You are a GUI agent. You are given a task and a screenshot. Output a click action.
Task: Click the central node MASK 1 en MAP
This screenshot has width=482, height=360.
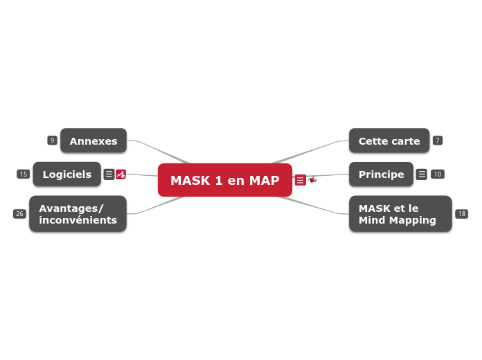coord(224,181)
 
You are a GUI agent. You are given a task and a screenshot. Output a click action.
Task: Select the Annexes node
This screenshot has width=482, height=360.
coord(93,141)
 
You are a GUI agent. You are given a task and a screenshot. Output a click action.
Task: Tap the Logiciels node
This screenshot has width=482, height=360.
coord(66,174)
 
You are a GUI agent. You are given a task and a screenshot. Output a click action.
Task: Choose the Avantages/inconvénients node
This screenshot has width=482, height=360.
coord(78,214)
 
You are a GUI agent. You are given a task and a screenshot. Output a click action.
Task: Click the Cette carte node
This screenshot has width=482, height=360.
coord(389,141)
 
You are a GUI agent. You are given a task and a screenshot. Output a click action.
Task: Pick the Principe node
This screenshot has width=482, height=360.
coord(381,174)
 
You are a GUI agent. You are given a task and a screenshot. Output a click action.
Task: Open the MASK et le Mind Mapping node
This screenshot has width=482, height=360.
coord(400,214)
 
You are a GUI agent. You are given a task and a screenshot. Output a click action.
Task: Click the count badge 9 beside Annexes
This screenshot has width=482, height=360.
coord(52,141)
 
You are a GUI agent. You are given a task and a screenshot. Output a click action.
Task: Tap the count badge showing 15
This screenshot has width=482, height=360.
coord(23,174)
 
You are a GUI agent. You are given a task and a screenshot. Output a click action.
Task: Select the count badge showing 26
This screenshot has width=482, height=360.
coord(19,214)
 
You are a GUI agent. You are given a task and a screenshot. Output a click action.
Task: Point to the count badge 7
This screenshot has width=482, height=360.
coord(438,141)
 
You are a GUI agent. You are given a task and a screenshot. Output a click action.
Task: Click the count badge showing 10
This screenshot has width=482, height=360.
coord(438,174)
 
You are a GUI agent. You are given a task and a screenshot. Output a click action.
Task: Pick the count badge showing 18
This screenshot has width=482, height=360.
coord(462,214)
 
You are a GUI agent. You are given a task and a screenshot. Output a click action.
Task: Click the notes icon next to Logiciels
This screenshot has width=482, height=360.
coord(109,174)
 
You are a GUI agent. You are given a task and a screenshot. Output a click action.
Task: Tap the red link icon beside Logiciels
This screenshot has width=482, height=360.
coord(120,174)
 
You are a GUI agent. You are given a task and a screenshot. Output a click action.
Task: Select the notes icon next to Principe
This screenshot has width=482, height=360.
coord(422,174)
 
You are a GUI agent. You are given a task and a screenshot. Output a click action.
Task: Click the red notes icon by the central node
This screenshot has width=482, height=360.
coord(300,180)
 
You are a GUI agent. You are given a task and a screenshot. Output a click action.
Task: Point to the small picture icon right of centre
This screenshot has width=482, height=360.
coord(312,180)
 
